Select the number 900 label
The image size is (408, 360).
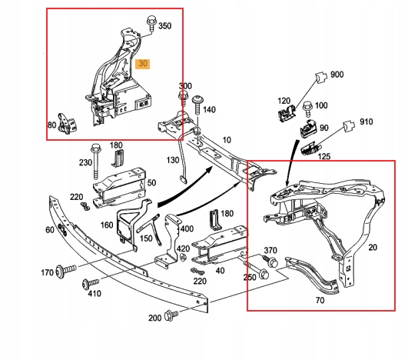[x=337, y=75]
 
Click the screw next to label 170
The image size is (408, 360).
[x=67, y=271]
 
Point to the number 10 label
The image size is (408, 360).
[x=226, y=140]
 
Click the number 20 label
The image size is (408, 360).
[x=373, y=248]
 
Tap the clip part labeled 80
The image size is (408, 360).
[x=68, y=122]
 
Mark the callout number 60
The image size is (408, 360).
[x=49, y=230]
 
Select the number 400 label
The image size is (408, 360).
[x=187, y=229]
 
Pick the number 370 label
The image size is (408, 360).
[x=270, y=250]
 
